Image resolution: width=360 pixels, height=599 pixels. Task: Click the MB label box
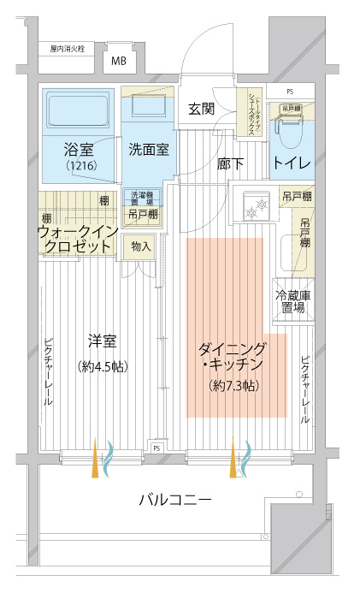(118, 61)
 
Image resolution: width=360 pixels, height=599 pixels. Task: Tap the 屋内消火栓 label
(67, 49)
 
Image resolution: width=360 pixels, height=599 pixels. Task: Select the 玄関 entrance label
(201, 109)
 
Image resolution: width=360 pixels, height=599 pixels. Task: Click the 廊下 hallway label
(231, 162)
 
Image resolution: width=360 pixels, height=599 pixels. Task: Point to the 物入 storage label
(141, 247)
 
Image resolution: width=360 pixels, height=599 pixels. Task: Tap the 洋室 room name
(102, 341)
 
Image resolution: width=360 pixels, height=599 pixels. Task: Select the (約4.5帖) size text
(102, 366)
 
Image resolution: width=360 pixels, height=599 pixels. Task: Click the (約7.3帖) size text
(233, 386)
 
